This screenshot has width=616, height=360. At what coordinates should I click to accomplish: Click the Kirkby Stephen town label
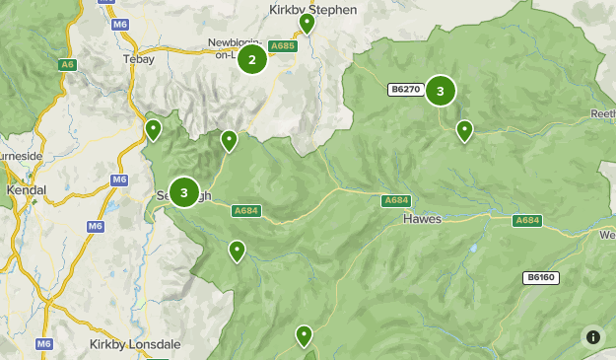click(312, 9)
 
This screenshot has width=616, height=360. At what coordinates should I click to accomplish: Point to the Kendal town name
click(26, 187)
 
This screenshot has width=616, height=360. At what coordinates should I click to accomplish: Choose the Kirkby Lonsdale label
click(134, 344)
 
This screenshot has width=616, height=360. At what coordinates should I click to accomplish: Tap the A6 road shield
click(67, 64)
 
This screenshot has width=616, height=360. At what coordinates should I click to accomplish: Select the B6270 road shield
click(405, 90)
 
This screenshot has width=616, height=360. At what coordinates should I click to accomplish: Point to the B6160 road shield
click(540, 277)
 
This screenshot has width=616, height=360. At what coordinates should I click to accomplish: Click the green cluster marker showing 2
click(252, 59)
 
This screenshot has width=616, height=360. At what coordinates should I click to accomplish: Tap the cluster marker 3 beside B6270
click(441, 91)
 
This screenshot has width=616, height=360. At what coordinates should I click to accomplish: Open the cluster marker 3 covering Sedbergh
click(184, 191)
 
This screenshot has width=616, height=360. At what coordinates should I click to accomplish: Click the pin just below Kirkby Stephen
click(307, 23)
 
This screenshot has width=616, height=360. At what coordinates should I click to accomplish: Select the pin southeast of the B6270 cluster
click(464, 129)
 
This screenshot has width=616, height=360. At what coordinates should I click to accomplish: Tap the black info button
click(592, 336)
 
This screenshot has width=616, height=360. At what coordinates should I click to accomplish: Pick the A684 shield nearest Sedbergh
click(246, 211)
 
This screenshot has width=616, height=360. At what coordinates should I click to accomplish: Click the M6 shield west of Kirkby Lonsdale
click(44, 343)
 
